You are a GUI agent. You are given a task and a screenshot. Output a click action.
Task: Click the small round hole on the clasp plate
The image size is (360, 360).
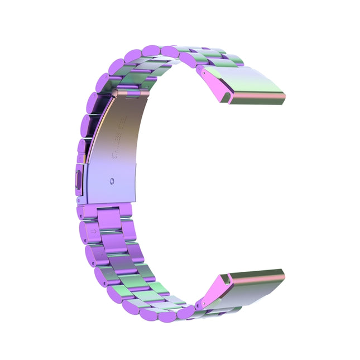pos(112,181)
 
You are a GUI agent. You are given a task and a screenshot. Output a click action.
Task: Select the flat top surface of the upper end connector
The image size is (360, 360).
pos(254,84)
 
